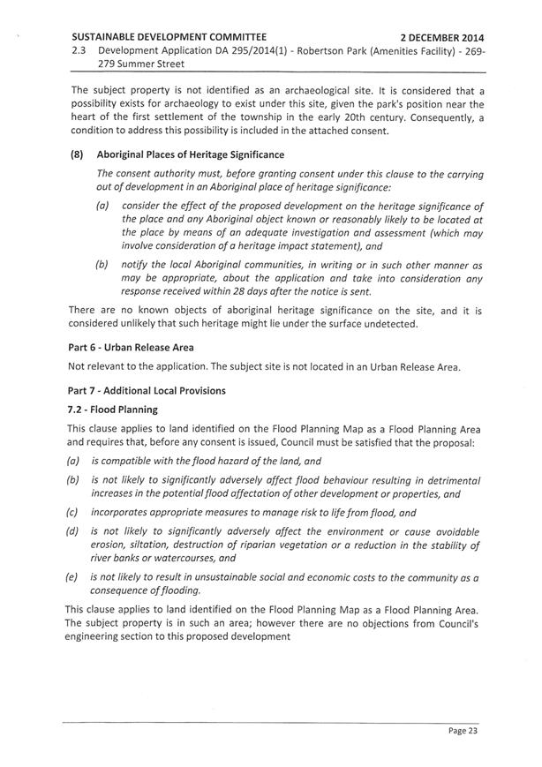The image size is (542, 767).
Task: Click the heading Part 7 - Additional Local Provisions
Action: (x=147, y=390)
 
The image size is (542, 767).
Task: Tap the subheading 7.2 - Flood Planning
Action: (x=113, y=410)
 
